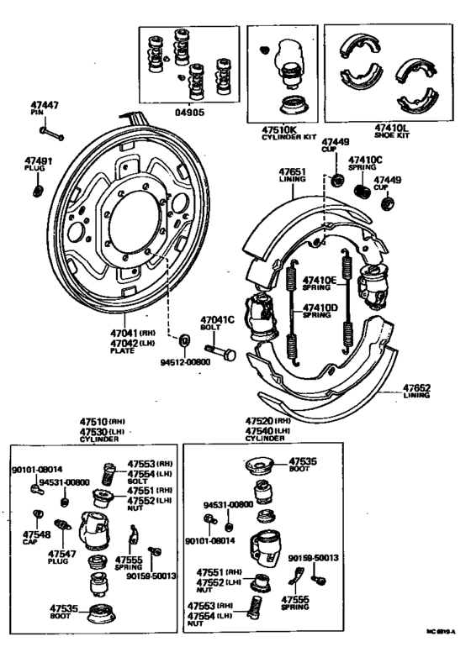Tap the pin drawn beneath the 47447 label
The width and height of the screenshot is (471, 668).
coord(54,133)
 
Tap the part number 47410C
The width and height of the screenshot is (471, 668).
coord(366,159)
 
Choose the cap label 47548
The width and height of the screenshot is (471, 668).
coord(36,534)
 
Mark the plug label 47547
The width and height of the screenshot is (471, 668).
coord(61,554)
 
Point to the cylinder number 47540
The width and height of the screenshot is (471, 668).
coord(262,430)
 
